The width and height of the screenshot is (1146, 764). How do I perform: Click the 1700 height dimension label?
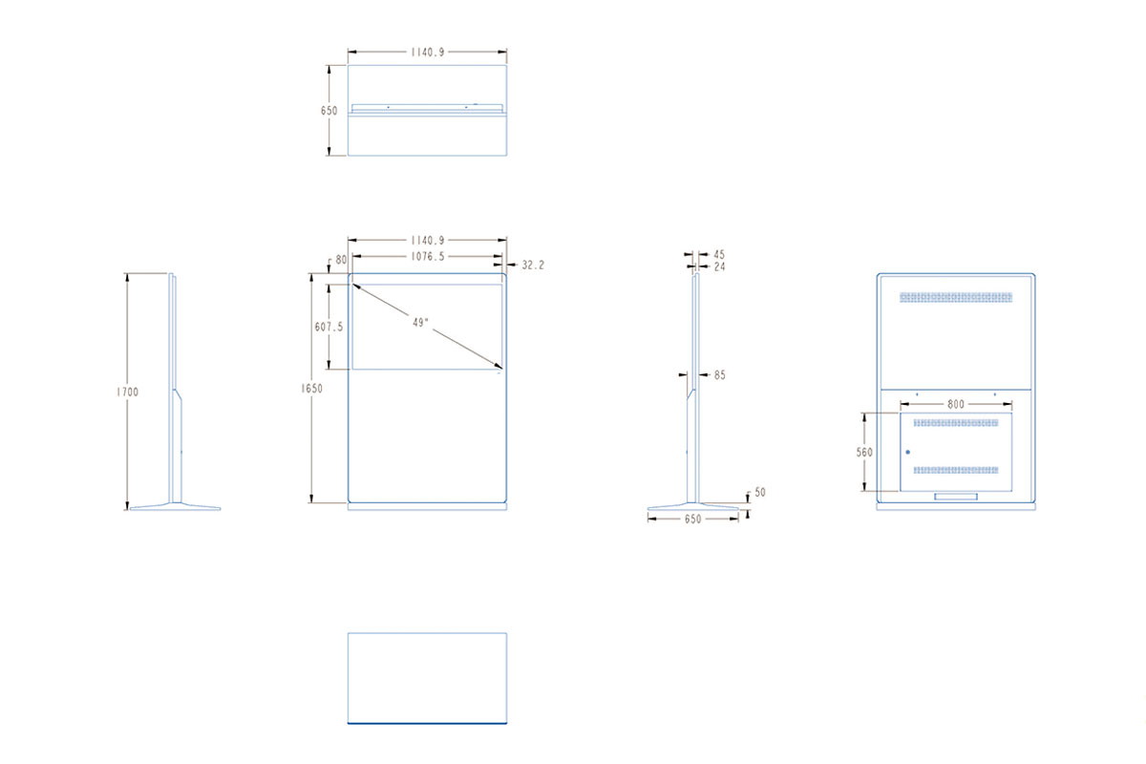click(x=127, y=392)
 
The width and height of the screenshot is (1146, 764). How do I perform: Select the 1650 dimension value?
click(x=311, y=389)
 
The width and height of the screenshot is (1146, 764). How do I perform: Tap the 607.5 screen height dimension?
click(x=329, y=327)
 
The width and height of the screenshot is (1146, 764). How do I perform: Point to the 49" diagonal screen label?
click(x=420, y=323)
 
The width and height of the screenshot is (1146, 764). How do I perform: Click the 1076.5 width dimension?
click(x=428, y=256)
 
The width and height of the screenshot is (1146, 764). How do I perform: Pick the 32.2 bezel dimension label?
click(x=533, y=265)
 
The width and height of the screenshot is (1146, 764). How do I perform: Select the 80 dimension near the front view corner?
click(x=341, y=260)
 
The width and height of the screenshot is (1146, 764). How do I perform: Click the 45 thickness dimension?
click(x=719, y=254)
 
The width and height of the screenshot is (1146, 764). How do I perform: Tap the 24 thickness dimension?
click(x=719, y=266)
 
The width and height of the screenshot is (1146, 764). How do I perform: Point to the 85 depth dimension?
click(x=720, y=375)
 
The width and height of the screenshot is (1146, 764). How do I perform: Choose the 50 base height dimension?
click(x=760, y=492)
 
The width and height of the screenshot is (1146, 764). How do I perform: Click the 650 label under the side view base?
click(x=692, y=520)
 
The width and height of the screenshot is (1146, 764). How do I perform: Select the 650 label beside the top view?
click(x=329, y=111)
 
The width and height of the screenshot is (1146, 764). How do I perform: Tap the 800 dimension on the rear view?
click(x=956, y=404)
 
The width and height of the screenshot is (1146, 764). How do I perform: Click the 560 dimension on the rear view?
click(x=864, y=453)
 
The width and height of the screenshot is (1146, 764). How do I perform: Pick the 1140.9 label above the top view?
click(x=428, y=53)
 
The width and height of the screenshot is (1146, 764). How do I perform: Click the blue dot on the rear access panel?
click(x=908, y=453)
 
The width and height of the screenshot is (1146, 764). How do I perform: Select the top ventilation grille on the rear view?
click(x=956, y=297)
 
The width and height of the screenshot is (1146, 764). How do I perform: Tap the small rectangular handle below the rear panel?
click(x=956, y=497)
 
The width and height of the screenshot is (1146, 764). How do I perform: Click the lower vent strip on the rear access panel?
click(x=956, y=470)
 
